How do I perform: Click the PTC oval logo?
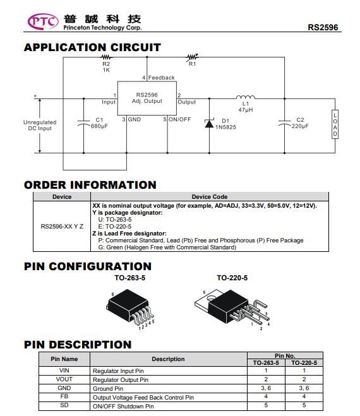click(x=43, y=21)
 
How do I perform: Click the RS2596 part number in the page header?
click(x=323, y=27)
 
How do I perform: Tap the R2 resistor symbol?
click(x=106, y=57)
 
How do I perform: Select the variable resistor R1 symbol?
click(x=192, y=57)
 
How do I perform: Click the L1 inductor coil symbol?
click(x=246, y=97)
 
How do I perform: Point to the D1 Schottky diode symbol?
click(x=209, y=123)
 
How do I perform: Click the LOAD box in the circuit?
click(x=335, y=124)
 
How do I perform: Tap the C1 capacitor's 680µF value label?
click(x=99, y=126)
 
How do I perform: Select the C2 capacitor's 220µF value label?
click(x=300, y=126)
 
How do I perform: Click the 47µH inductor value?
click(x=246, y=110)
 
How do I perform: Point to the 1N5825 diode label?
click(x=225, y=127)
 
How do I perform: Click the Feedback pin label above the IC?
click(x=162, y=78)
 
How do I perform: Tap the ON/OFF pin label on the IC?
click(x=180, y=119)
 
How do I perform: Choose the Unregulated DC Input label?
click(x=40, y=125)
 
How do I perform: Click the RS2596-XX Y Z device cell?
click(x=62, y=226)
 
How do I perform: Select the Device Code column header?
click(x=210, y=197)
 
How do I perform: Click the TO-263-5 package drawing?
click(x=131, y=308)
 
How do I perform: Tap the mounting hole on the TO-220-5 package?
click(x=212, y=298)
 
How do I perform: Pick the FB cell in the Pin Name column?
click(x=64, y=396)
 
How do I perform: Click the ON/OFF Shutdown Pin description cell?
click(x=169, y=406)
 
